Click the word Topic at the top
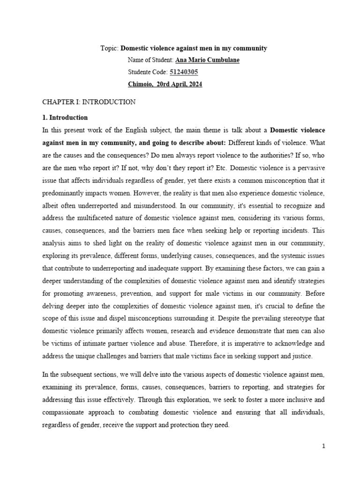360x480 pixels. tap(109, 48)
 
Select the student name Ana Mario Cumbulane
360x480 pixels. tap(207, 60)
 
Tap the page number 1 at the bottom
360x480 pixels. tap(323, 446)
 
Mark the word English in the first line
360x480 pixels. tap(148, 130)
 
